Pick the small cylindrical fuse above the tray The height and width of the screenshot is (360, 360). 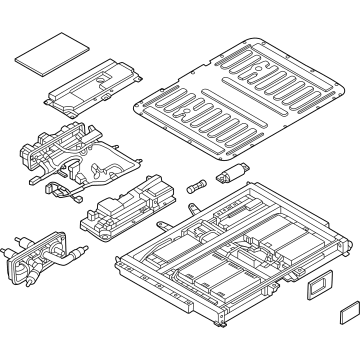point(196,187)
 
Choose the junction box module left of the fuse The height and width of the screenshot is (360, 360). point(128,205)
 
